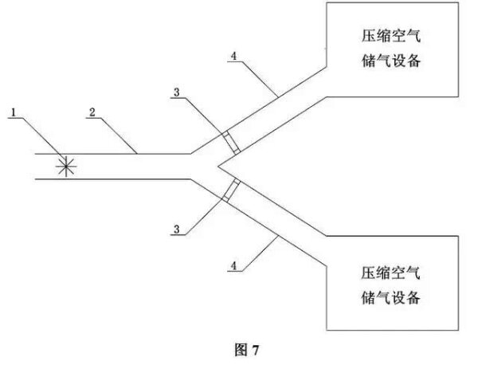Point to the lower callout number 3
point(176,230)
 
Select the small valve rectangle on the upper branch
point(229,142)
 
